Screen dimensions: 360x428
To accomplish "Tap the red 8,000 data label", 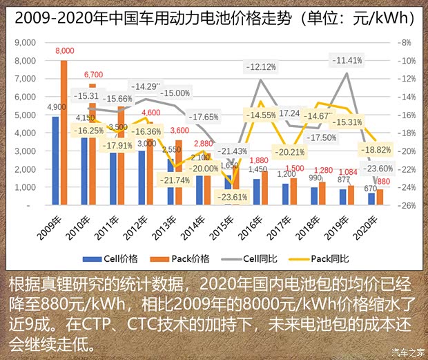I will pyautogui.click(x=65, y=51).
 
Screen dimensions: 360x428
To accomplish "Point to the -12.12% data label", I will pyautogui.click(x=262, y=67).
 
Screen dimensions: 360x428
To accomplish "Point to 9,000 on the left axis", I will pyautogui.click(x=23, y=43).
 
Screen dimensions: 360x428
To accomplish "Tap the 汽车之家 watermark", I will pyautogui.click(x=407, y=352).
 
